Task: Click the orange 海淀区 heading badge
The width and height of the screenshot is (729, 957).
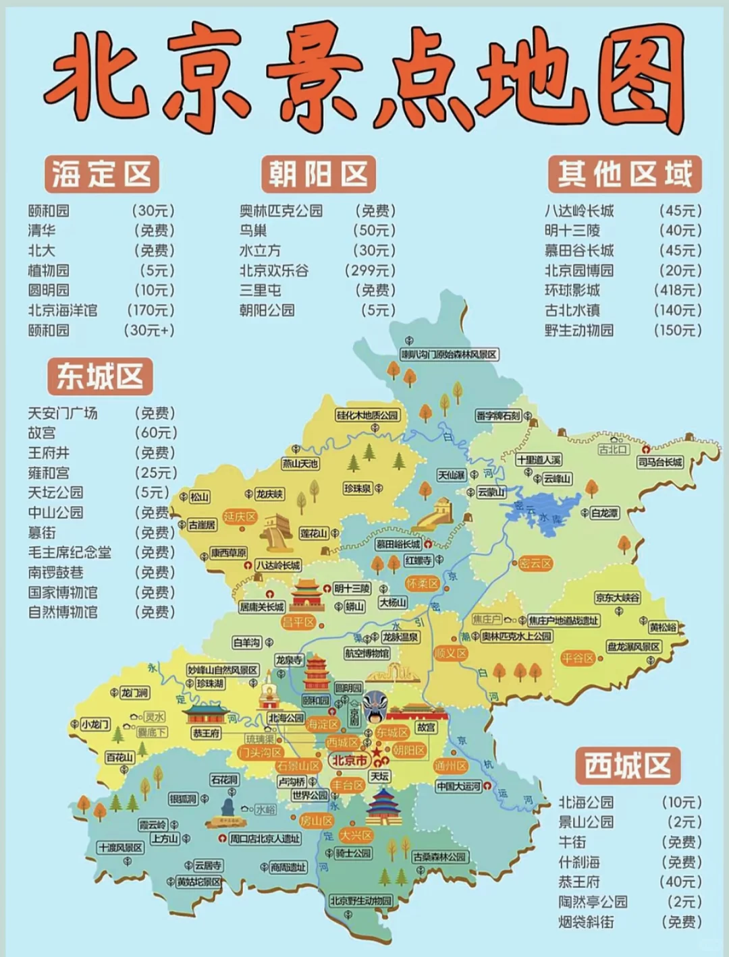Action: (102, 174)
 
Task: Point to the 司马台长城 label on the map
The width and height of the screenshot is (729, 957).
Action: (660, 462)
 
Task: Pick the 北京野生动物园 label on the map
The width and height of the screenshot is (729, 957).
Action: (361, 900)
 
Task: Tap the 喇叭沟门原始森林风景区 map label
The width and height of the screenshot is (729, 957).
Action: (449, 354)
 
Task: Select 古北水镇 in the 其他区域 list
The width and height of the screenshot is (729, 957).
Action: (572, 310)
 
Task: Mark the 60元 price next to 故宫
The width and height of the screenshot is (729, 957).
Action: (156, 432)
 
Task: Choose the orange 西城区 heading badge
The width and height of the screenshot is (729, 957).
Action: (627, 765)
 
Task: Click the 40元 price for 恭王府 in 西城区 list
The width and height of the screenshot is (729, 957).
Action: (680, 881)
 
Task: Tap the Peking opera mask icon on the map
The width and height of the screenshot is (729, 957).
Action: (373, 706)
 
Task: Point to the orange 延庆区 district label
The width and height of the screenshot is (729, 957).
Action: (240, 517)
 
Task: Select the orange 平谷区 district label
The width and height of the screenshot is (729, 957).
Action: (577, 658)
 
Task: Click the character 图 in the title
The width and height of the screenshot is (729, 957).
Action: (642, 78)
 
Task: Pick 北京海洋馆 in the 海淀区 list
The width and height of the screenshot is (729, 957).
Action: (63, 310)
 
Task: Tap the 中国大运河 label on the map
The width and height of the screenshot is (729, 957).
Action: (458, 786)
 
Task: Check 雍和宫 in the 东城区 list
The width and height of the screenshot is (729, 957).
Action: (49, 472)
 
